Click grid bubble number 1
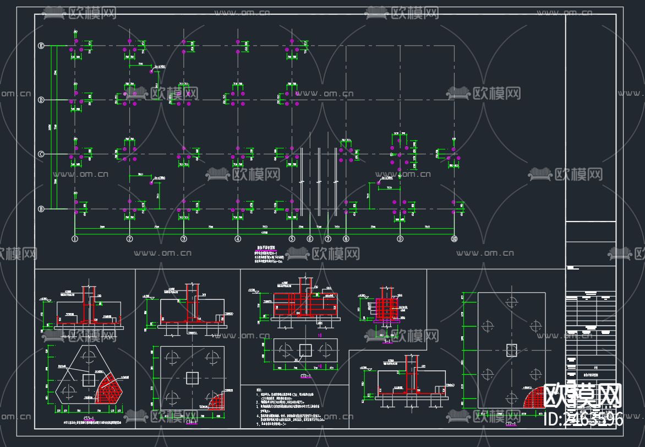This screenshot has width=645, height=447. point(75,239)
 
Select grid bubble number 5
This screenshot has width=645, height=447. point(292,239)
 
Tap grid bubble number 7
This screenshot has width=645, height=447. point(328,239)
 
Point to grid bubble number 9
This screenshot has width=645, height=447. point(400,239)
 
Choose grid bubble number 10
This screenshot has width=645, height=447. point(454,239)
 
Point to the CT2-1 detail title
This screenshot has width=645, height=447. point(305,376)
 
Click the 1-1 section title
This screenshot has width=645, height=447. point(387,342)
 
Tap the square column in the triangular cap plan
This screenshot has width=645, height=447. point(88,380)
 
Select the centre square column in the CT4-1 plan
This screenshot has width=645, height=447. point(192,378)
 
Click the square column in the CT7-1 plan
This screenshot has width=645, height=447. point(512,349)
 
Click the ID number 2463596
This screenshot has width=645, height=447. point(583,420)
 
